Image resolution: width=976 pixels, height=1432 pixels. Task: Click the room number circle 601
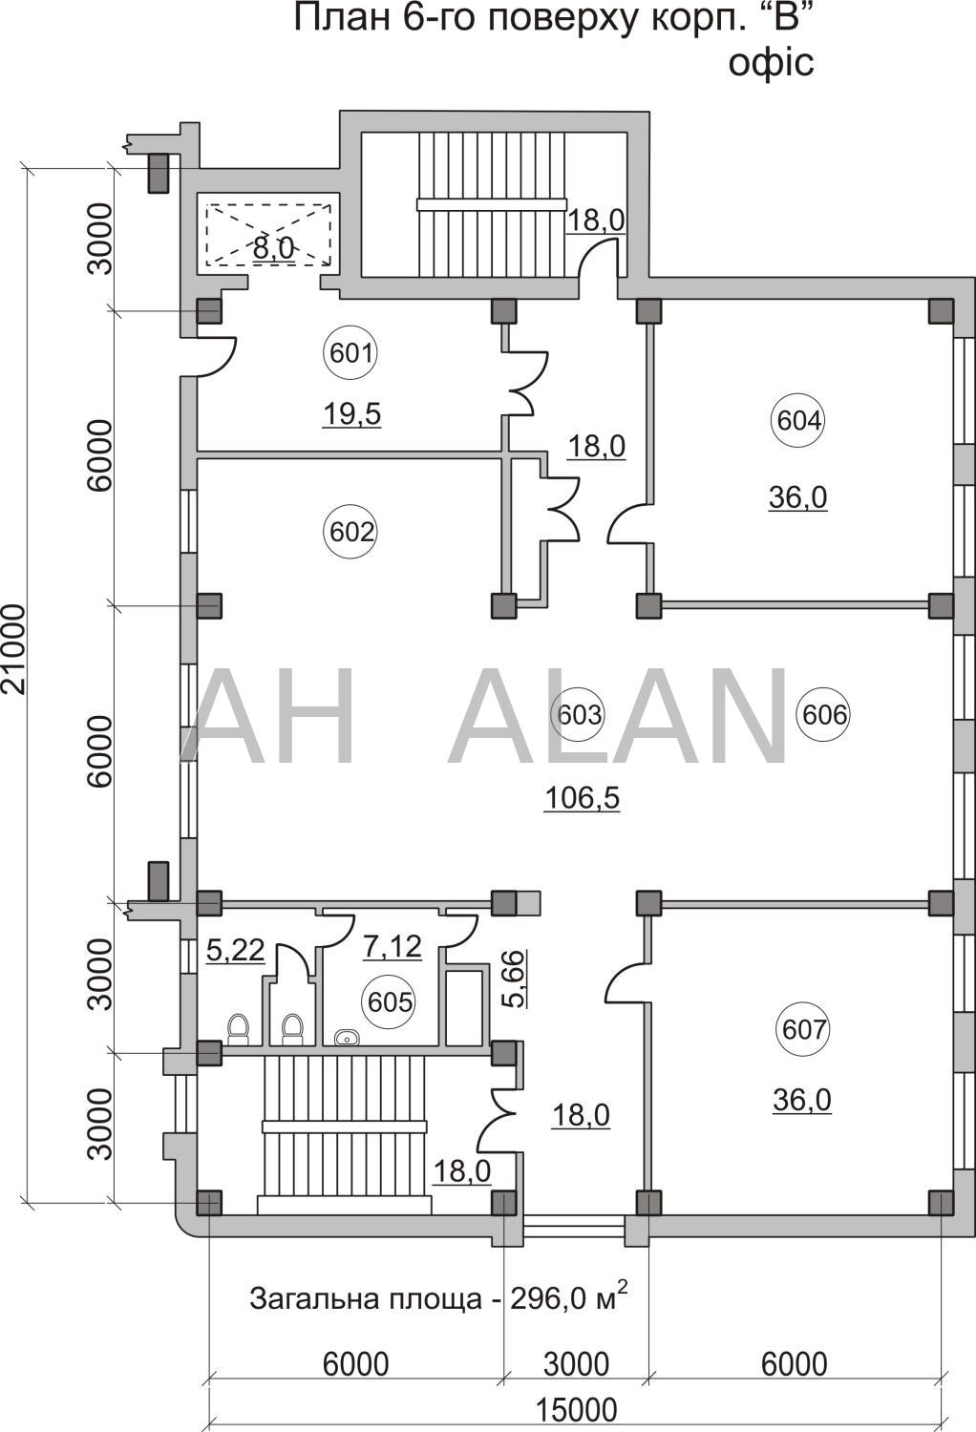351,352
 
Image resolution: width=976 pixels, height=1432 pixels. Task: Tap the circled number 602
351,531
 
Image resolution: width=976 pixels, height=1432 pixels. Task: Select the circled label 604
798,421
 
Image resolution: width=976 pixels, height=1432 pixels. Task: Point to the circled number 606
824,714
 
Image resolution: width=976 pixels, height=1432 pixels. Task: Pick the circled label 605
389,1001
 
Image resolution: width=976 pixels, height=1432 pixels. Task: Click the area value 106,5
582,798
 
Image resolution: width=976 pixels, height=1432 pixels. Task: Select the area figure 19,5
351,414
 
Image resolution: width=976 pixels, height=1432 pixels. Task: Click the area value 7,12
393,947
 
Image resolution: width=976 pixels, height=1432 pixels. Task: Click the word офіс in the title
772,63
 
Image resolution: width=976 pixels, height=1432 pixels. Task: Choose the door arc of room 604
627,524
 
